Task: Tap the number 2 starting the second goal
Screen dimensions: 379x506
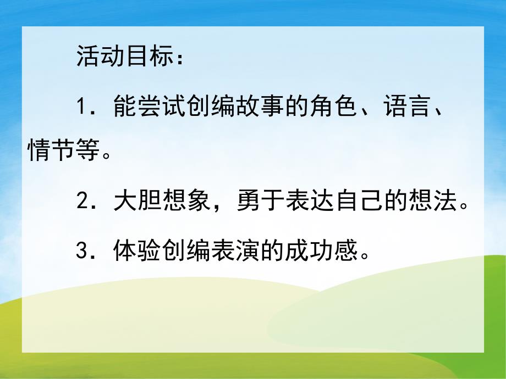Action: [x=82, y=203]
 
